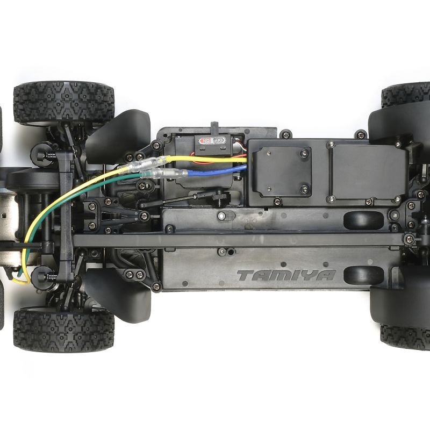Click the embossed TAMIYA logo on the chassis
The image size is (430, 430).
[x=286, y=276]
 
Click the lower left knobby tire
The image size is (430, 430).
[x=63, y=329]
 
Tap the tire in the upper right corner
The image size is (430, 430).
[x=407, y=95]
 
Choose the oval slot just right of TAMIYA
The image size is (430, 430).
[x=363, y=275]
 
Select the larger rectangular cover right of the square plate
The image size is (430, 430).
[x=368, y=172]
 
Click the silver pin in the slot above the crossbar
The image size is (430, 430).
[x=220, y=216]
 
